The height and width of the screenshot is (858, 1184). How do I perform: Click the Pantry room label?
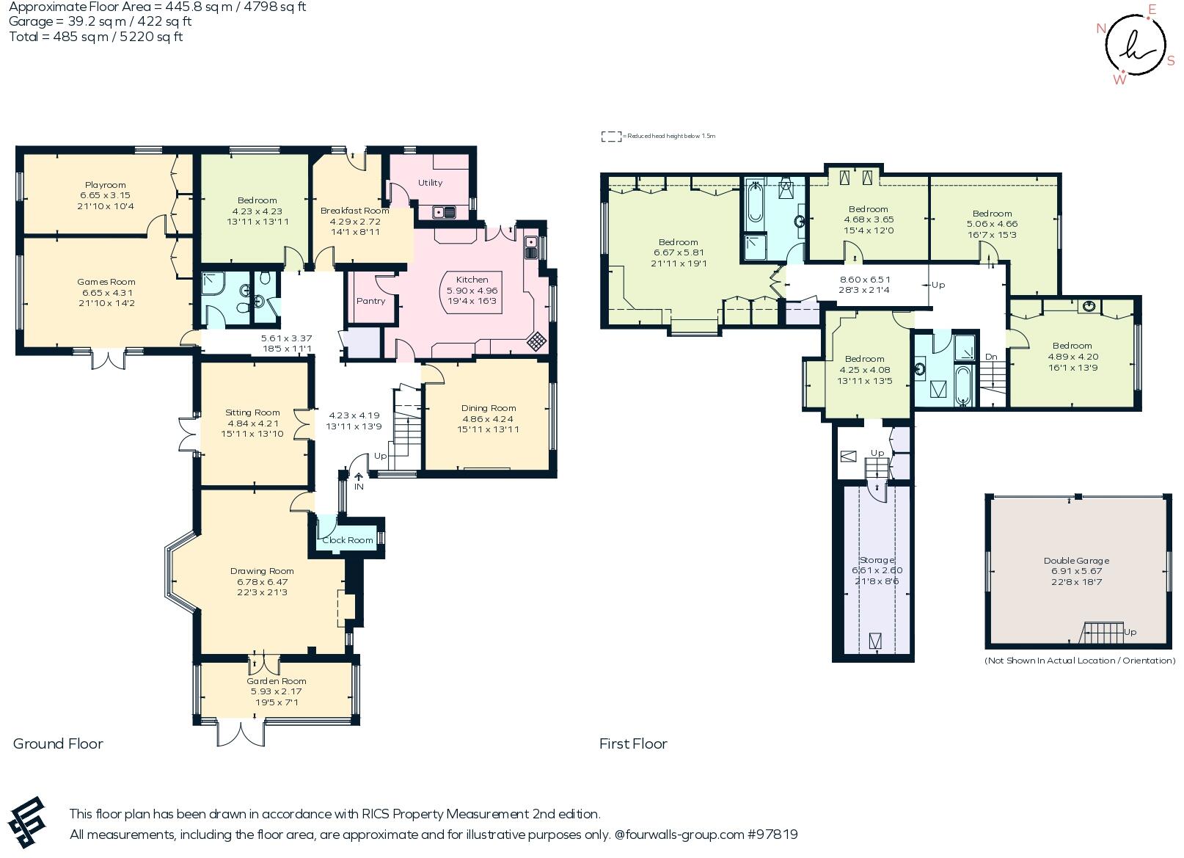370,301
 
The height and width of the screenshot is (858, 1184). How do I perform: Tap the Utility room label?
430,183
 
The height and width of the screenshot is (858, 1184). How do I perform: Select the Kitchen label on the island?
472,280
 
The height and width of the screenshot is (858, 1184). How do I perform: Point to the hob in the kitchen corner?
537,341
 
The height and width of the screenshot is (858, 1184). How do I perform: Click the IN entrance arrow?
359,478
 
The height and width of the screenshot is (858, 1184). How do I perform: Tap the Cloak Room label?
348,540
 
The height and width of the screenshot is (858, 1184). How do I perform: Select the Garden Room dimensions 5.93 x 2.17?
276,691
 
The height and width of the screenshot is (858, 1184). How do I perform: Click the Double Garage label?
1076,561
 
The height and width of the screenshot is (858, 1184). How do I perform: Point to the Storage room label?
877,560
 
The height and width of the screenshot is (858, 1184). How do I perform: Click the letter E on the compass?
1151,10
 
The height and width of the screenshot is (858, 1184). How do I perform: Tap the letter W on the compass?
1119,80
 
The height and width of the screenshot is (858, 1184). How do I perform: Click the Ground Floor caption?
58,744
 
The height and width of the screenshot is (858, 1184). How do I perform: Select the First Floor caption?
633,744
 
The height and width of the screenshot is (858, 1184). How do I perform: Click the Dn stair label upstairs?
991,357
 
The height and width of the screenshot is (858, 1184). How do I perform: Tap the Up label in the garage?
1130,632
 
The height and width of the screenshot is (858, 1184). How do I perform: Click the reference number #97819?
772,835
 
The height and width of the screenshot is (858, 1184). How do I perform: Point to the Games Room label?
106,282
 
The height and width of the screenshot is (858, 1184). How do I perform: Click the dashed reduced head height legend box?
610,137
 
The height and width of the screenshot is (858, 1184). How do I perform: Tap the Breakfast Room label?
354,211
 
